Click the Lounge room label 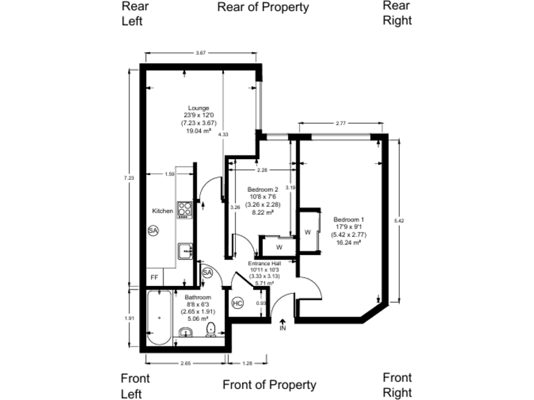pyautogui.click(x=198, y=108)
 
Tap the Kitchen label pyautogui.click(x=163, y=210)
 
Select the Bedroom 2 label pyautogui.click(x=264, y=190)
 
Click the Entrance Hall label pyautogui.click(x=264, y=263)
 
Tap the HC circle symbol pyautogui.click(x=237, y=303)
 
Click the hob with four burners pyautogui.click(x=184, y=209)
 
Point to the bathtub pyautogui.click(x=159, y=317)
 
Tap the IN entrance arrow pyautogui.click(x=282, y=325)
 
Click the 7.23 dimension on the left pyautogui.click(x=129, y=178)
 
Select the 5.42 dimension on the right pyautogui.click(x=398, y=220)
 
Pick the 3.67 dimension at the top pyautogui.click(x=201, y=53)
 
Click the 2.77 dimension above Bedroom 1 pyautogui.click(x=341, y=123)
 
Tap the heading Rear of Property pyautogui.click(x=263, y=8)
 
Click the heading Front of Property pyautogui.click(x=269, y=385)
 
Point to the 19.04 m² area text pyautogui.click(x=198, y=130)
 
